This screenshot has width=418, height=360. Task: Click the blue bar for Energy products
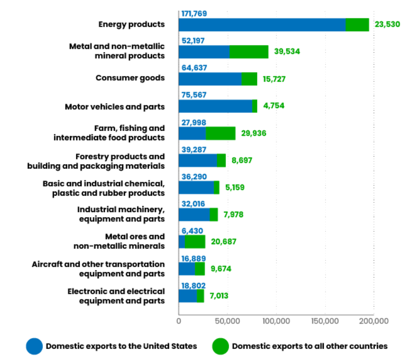pyautogui.click(x=262, y=25)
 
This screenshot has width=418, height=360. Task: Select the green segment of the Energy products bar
pyautogui.click(x=357, y=25)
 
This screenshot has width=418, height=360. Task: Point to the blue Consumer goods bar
pyautogui.click(x=210, y=79)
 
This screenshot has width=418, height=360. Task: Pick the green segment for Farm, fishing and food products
pyautogui.click(x=220, y=133)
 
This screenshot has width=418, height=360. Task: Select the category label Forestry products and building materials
pyautogui.click(x=96, y=161)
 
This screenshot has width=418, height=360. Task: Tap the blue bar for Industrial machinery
pyautogui.click(x=194, y=214)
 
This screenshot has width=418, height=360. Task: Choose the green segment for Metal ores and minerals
pyautogui.click(x=195, y=241)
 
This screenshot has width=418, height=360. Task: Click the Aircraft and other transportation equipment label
pyautogui.click(x=98, y=269)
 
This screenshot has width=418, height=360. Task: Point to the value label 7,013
pyautogui.click(x=219, y=296)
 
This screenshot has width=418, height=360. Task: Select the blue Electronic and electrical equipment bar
pyautogui.click(x=188, y=296)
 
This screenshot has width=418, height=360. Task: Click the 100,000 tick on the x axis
pyautogui.click(x=276, y=321)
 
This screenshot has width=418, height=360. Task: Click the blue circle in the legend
pyautogui.click(x=34, y=346)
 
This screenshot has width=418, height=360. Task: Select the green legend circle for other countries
pyautogui.click(x=220, y=346)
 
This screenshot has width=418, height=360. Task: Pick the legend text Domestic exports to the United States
pyautogui.click(x=121, y=346)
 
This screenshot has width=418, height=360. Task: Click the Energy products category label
pyautogui.click(x=131, y=24)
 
